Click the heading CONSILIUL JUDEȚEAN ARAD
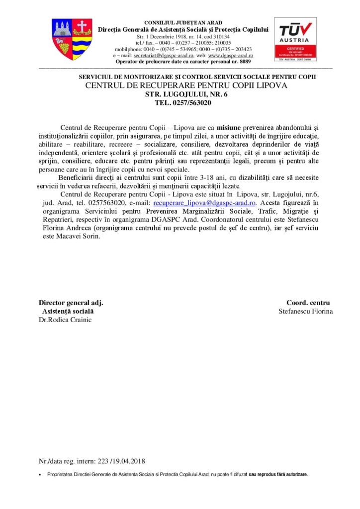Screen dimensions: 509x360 183,23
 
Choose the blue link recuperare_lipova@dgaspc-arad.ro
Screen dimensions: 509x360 205,203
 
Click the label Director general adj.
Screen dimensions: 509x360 71,302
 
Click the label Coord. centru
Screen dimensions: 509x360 308,302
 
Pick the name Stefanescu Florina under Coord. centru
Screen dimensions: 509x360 306,311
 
